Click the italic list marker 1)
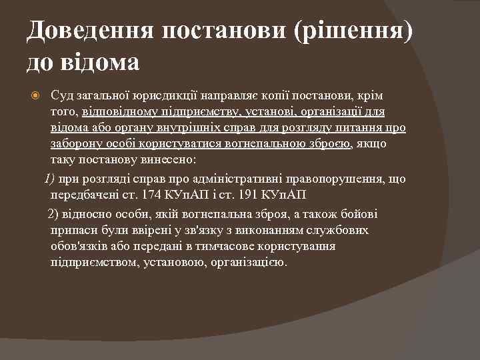pyautogui.click(x=50, y=179)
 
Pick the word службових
pyautogui.click(x=345, y=230)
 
